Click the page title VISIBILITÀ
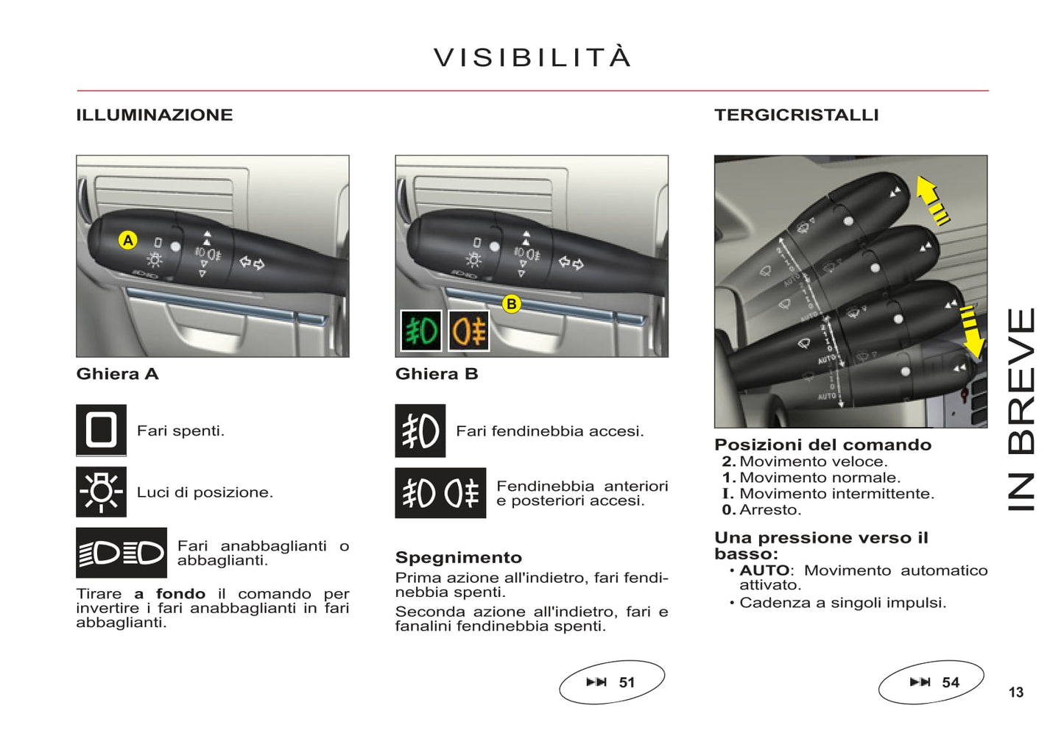532,57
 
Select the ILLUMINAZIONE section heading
155,115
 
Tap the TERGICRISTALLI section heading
796,115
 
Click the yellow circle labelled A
128,240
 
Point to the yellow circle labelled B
511,303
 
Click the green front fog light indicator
421,330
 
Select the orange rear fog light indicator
469,330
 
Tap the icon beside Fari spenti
101,430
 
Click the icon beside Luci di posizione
101,492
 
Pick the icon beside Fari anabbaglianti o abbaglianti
121,553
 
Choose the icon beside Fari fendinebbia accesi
420,431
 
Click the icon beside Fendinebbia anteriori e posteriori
440,493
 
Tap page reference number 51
626,682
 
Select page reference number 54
950,682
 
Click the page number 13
1016,693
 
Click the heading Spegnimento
459,557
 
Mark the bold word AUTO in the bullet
764,570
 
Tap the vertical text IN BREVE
1021,409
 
